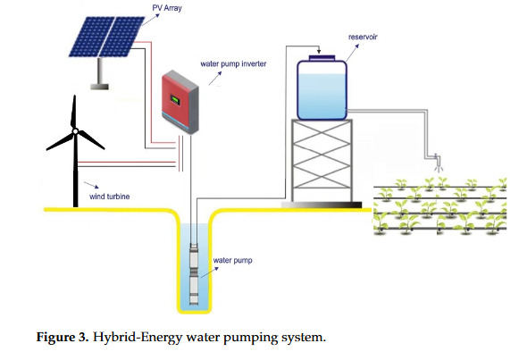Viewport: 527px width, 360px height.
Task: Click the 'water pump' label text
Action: click(231, 261)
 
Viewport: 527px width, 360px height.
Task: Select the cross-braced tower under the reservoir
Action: click(322, 161)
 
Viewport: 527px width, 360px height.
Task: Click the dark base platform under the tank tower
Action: click(322, 205)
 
